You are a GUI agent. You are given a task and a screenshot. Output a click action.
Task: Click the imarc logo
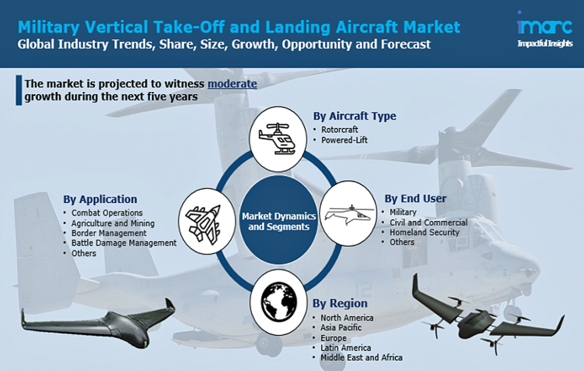[x=545, y=29]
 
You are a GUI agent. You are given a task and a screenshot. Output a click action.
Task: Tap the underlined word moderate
[x=232, y=83]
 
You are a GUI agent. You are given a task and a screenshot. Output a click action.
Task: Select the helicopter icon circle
[x=278, y=139]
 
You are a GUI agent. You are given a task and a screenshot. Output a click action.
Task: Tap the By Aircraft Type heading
[x=354, y=116]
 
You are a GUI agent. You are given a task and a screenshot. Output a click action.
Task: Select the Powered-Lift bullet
[x=344, y=140]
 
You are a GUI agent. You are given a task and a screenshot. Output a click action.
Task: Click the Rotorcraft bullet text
[x=339, y=130]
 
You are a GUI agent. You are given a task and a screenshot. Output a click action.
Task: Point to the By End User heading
[x=415, y=199]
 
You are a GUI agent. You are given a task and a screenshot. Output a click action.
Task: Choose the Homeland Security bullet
[x=424, y=232]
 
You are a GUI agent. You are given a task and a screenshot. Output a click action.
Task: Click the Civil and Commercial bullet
[x=428, y=222]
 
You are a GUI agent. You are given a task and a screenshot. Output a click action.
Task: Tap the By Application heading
[x=100, y=199]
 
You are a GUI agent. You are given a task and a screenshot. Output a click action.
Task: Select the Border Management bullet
[x=109, y=233]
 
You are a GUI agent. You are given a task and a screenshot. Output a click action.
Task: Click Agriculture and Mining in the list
[x=113, y=223]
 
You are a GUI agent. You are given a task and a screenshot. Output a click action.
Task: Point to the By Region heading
[x=340, y=304]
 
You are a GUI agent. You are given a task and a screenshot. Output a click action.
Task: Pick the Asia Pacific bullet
[x=341, y=328]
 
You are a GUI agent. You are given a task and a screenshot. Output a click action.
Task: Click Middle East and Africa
[x=361, y=357]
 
